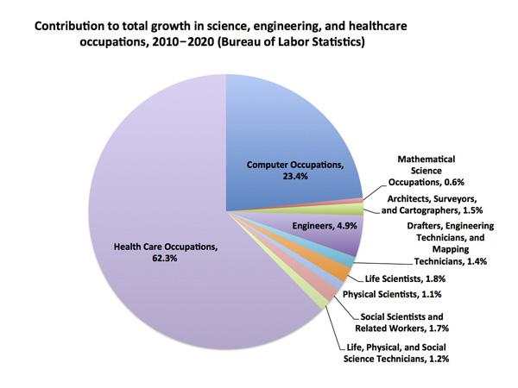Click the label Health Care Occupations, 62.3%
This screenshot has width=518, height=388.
pos(166,253)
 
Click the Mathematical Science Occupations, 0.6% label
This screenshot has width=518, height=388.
pos(426,172)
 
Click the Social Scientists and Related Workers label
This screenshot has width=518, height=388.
pos(401,322)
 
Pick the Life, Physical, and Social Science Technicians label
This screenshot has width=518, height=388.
pos(401,351)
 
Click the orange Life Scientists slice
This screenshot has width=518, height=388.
pos(339,271)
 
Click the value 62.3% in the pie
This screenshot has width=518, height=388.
pos(167,260)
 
